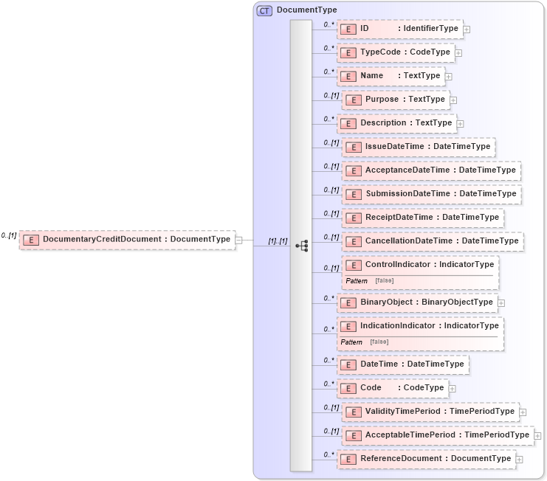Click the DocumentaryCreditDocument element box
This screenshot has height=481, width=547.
tap(127, 239)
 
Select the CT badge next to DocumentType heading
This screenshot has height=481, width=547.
tap(264, 10)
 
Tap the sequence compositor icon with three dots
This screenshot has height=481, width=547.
tap(301, 246)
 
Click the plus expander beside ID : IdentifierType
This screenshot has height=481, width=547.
tap(467, 30)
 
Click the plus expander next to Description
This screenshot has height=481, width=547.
tap(461, 123)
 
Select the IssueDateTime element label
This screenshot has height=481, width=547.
tap(395, 146)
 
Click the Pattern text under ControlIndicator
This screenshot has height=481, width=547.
tap(357, 281)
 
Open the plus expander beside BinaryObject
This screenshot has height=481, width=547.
tap(501, 302)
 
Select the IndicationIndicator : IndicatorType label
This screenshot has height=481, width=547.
tap(429, 325)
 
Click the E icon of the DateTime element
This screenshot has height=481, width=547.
tap(348, 364)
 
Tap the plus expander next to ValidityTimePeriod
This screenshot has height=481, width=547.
tap(523, 412)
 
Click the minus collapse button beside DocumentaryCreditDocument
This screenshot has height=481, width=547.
tap(238, 239)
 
